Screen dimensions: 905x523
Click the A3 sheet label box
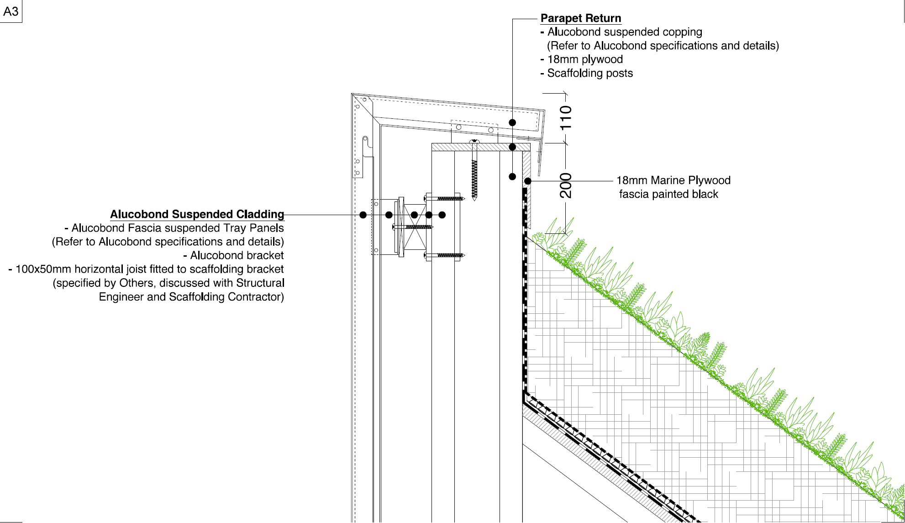tap(11, 11)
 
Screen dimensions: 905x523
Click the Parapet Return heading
tap(581, 18)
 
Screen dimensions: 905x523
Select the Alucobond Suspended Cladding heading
tap(197, 214)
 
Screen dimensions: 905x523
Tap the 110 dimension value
tap(566, 117)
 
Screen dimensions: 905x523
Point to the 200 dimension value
tap(566, 185)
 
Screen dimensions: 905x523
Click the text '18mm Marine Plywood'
tap(673, 180)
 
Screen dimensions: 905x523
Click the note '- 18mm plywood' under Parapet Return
tap(582, 59)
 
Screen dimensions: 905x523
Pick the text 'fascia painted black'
tap(668, 194)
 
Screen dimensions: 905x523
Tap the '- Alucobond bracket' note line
tap(233, 255)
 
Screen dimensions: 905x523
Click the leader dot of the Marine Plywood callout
tap(528, 181)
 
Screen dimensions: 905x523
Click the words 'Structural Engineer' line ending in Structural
tap(168, 283)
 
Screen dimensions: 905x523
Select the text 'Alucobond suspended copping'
tap(625, 32)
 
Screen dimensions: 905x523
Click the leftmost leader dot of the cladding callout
tap(363, 215)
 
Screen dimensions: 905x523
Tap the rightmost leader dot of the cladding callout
tap(442, 215)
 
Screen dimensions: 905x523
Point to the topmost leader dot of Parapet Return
tap(512, 122)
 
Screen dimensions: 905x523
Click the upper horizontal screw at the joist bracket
tap(444, 199)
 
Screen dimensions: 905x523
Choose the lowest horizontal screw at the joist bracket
tap(444, 255)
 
